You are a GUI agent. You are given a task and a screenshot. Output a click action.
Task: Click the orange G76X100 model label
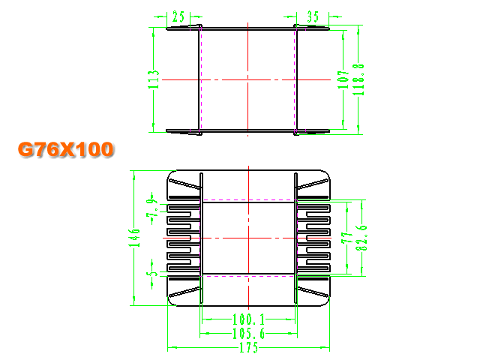pyautogui.click(x=66, y=150)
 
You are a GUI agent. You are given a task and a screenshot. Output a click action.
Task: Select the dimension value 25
pyautogui.click(x=178, y=16)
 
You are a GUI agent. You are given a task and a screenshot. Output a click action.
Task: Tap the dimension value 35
pyautogui.click(x=313, y=16)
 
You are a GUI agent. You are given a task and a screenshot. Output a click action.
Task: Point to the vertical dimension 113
pyautogui.click(x=154, y=79)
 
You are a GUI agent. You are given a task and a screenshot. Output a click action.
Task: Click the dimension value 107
pyautogui.click(x=343, y=79)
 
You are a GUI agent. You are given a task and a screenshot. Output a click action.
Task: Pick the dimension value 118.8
pyautogui.click(x=358, y=79)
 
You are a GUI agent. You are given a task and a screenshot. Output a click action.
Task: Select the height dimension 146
pyautogui.click(x=134, y=238)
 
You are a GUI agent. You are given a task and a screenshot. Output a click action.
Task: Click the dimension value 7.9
pyautogui.click(x=152, y=208)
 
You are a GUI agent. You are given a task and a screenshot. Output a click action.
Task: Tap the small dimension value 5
pyautogui.click(x=152, y=274)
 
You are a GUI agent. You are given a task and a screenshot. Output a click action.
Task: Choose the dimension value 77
pyautogui.click(x=347, y=238)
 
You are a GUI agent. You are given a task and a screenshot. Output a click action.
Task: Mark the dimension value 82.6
pyautogui.click(x=361, y=238)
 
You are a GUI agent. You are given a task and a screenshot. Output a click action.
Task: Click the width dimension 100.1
pyautogui.click(x=248, y=319)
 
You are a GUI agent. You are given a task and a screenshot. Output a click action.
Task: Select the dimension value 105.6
pyautogui.click(x=248, y=333)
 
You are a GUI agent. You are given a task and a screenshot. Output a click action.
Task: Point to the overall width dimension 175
pyautogui.click(x=248, y=348)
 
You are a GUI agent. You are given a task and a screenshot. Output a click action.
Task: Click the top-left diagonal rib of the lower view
pyautogui.click(x=184, y=184)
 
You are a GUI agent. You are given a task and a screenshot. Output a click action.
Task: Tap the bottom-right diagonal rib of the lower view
pyautogui.click(x=313, y=292)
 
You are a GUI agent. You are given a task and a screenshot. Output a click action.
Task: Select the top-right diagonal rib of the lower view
pyautogui.click(x=313, y=184)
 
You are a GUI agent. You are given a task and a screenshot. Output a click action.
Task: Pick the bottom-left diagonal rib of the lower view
pyautogui.click(x=184, y=292)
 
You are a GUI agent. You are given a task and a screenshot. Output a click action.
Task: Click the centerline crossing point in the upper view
pyautogui.click(x=248, y=80)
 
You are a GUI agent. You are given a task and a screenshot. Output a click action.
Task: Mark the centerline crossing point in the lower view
pyautogui.click(x=248, y=238)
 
